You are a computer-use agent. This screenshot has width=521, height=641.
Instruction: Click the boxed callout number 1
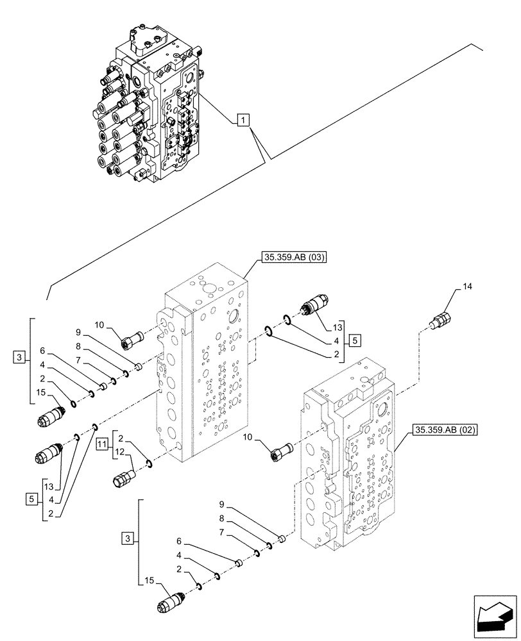tap(242, 119)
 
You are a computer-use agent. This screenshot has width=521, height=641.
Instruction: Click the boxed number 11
tap(101, 444)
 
